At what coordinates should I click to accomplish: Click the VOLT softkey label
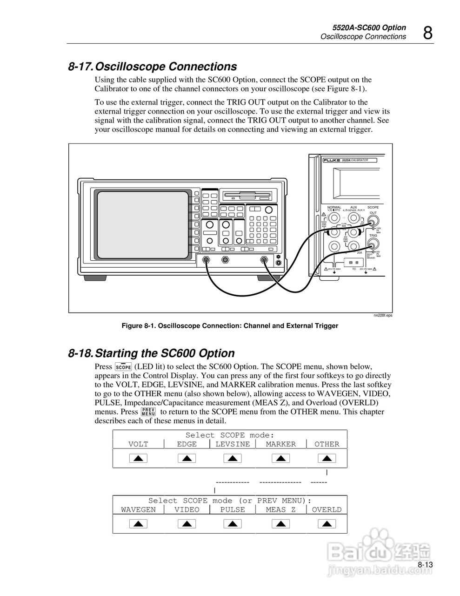pyautogui.click(x=138, y=444)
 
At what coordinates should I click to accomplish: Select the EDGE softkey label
pyautogui.click(x=187, y=444)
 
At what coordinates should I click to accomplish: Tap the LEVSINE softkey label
pyautogui.click(x=233, y=444)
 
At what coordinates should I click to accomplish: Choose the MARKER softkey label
pyautogui.click(x=280, y=444)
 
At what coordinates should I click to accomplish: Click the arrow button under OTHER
pyautogui.click(x=327, y=458)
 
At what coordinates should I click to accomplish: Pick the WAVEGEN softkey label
pyautogui.click(x=138, y=510)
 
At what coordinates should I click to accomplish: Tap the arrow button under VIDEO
pyautogui.click(x=187, y=524)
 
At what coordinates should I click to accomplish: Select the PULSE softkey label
pyautogui.click(x=233, y=510)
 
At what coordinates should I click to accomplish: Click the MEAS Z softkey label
pyautogui.click(x=280, y=510)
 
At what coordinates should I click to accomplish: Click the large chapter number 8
pyautogui.click(x=427, y=33)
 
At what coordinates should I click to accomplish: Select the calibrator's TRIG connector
pyautogui.click(x=373, y=244)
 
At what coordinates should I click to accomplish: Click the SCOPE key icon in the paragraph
pyautogui.click(x=123, y=367)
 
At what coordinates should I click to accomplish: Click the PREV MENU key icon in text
pyautogui.click(x=148, y=412)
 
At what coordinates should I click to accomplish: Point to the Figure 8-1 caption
pyautogui.click(x=230, y=326)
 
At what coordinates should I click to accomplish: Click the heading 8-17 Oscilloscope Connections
pyautogui.click(x=153, y=67)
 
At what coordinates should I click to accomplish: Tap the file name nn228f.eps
pyautogui.click(x=383, y=315)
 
